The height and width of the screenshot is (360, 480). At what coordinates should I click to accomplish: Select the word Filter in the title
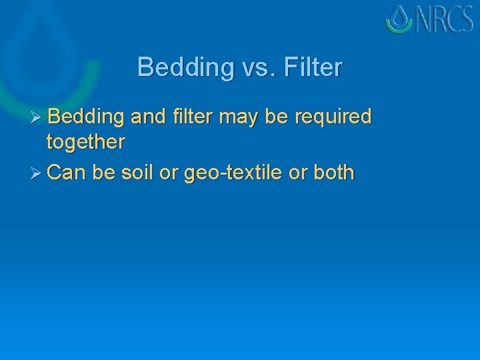pos(313,67)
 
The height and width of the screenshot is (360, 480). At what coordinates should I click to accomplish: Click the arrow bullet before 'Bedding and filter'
pos(37,117)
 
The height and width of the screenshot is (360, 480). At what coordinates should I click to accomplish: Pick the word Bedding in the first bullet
pos(87,117)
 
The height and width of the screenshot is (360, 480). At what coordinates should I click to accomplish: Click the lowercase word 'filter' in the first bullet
pos(193,117)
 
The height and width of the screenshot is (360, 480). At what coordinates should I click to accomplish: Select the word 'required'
pos(332,118)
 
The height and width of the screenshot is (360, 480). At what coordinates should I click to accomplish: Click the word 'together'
pos(85,142)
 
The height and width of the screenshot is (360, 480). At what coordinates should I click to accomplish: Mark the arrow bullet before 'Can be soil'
pos(37,173)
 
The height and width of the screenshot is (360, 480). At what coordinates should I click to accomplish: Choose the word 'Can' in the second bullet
pos(67,173)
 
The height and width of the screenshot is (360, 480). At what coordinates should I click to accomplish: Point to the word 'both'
pos(333,173)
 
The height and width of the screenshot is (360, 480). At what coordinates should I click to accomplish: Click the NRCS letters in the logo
pos(445,19)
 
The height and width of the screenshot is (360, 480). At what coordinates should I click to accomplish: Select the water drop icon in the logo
pos(399,19)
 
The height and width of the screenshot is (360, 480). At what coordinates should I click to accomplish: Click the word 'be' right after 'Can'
pos(103,173)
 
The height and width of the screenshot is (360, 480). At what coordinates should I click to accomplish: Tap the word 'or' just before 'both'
pos(298,174)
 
